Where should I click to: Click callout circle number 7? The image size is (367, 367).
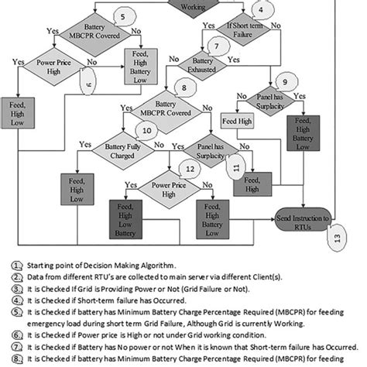pyautogui.click(x=220, y=47)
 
